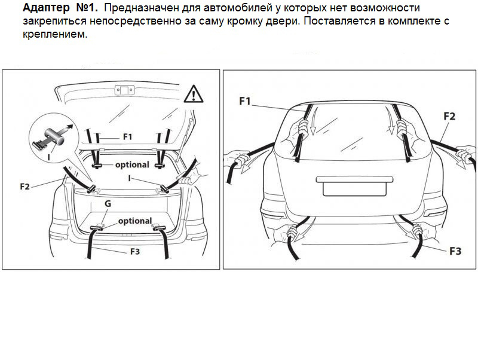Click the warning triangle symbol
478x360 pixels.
pos(194,94)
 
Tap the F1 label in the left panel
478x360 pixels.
pos(128,137)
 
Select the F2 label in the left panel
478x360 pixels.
pos(25,186)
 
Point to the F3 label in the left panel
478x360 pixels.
pos(135,251)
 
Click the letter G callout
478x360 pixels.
pos(108,203)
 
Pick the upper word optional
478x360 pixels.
pos(132,164)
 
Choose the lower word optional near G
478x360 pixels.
pos(135,221)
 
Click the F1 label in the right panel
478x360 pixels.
pos(245,101)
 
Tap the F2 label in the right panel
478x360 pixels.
pos(449,116)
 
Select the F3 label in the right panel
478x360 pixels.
pos(455,251)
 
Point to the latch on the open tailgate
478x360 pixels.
pos(124,90)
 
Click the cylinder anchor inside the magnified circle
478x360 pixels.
pos(55,136)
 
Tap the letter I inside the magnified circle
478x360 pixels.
pos(49,157)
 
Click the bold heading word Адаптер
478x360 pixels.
pos(46,8)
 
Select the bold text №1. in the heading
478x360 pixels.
pos(87,8)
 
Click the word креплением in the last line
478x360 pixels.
pos(55,34)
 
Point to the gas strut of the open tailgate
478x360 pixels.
pos(184,140)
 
